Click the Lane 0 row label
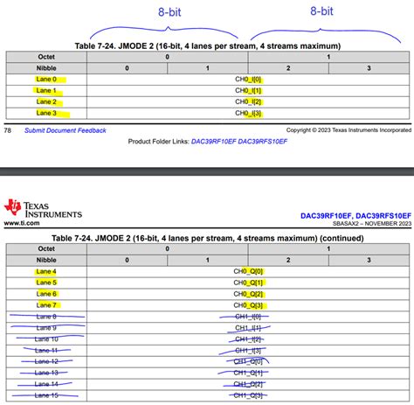point(45,79)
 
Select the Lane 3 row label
point(45,113)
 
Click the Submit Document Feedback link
point(66,129)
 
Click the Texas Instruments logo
point(43,210)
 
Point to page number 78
point(8,129)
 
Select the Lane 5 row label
point(45,283)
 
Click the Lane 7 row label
point(45,304)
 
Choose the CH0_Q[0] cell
point(248,271)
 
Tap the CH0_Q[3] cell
point(248,304)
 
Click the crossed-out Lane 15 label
point(45,395)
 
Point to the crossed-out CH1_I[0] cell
point(248,316)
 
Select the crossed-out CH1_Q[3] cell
point(248,395)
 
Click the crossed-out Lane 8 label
point(45,316)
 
